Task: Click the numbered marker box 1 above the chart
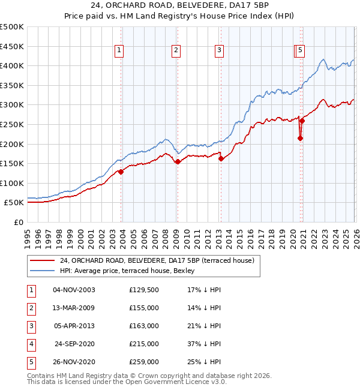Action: (120, 51)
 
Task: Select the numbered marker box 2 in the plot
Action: (176, 51)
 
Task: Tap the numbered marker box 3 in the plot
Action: (220, 51)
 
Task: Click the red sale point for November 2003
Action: (121, 172)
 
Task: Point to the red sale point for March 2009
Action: (178, 161)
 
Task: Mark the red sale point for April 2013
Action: (221, 158)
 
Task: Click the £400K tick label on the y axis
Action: (12, 65)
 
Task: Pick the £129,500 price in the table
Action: (143, 290)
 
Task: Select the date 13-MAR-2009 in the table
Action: (74, 308)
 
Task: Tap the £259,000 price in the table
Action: (143, 362)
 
